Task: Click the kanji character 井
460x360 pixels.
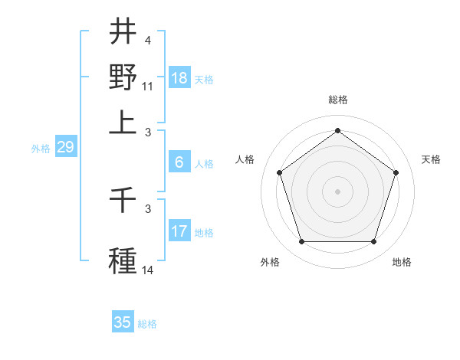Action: [123, 33]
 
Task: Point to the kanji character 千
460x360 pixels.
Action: [123, 204]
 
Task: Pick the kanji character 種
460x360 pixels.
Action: [123, 257]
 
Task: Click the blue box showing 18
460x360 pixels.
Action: [179, 79]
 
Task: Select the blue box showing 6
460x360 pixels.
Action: [179, 162]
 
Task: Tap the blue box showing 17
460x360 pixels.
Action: [179, 231]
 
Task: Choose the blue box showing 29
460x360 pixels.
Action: [65, 148]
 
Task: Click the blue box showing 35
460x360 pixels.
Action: [123, 322]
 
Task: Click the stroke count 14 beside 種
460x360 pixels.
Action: [148, 270]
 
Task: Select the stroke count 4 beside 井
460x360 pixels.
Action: [148, 39]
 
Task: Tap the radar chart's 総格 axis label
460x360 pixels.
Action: [337, 100]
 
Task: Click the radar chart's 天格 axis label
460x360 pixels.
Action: [432, 159]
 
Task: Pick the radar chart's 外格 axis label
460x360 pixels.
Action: [270, 262]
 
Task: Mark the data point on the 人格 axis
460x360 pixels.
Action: [279, 172]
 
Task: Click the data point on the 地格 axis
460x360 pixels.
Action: [373, 241]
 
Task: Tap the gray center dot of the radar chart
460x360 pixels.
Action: [337, 191]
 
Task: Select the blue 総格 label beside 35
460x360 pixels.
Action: [147, 324]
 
